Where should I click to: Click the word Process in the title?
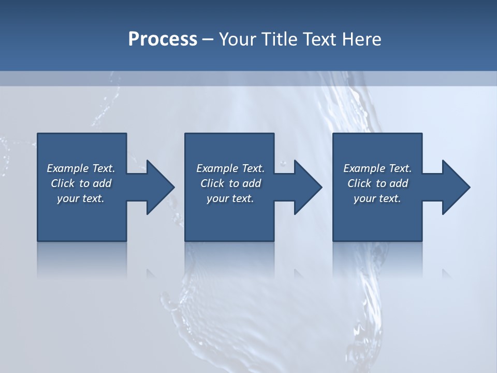pos(163,39)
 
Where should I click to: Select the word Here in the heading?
pos(361,39)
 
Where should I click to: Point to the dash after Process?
pos(208,39)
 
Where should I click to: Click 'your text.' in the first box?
pos(81,198)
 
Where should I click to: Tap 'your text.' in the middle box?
pos(230,198)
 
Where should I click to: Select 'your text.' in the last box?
pos(377,198)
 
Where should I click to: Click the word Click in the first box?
pos(63,183)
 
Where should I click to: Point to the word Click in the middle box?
pos(212,183)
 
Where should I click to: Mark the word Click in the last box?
pos(359,183)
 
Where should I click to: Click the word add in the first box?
pos(103,183)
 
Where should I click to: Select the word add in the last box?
pos(399,183)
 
